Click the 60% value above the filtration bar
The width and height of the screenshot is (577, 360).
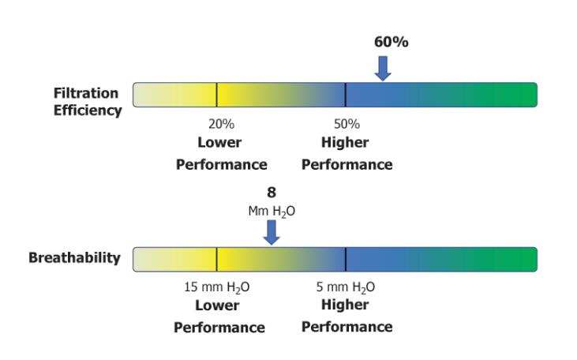(391, 42)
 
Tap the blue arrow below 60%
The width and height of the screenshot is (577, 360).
(383, 68)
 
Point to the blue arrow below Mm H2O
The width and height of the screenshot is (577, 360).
(272, 231)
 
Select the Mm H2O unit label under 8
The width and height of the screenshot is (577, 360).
(272, 211)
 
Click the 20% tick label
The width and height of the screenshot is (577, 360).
(221, 124)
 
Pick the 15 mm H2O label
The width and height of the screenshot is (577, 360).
(217, 287)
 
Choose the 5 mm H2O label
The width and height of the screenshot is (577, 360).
(346, 287)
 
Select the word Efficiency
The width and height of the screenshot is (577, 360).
(88, 111)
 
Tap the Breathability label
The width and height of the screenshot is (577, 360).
(74, 258)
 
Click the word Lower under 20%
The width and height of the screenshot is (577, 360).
(219, 143)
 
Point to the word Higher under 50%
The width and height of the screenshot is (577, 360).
(345, 143)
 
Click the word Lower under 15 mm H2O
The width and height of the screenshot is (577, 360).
(217, 306)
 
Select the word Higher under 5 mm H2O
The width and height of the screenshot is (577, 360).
(345, 306)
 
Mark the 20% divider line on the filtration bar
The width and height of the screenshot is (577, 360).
(216, 95)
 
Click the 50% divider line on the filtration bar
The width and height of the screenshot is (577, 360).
(345, 95)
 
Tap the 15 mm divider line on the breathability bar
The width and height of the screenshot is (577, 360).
(216, 259)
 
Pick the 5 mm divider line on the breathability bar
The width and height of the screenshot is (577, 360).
(345, 259)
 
